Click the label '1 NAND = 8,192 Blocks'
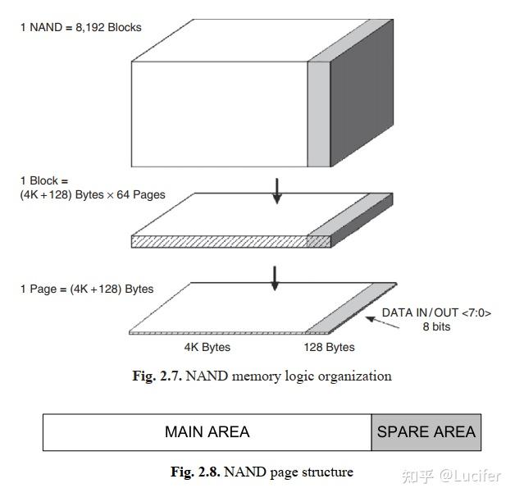pos(81,27)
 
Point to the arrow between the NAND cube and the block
pos(276,189)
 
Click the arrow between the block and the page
pos(276,278)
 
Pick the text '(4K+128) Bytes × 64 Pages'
pos(93,195)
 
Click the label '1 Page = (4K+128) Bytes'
pos(87,290)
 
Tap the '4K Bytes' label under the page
pos(207,348)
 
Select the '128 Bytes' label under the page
pos(329,348)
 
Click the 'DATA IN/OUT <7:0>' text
pos(437,313)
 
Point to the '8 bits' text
pos(436,326)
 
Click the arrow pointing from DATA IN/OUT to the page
pos(384,321)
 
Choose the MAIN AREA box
pos(207,432)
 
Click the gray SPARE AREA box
pos(426,432)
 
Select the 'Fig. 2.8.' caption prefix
pos(195,472)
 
